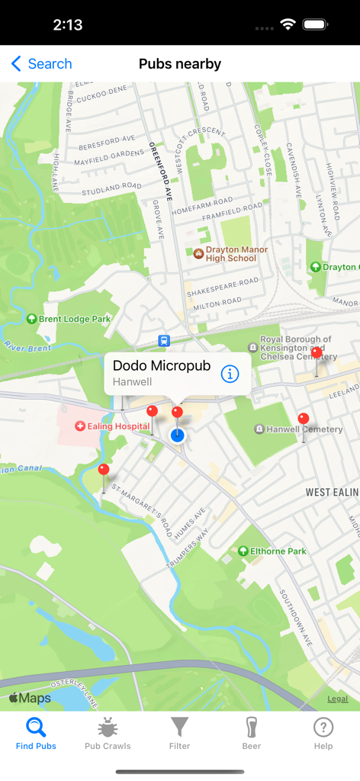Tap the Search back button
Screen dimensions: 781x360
coord(42,64)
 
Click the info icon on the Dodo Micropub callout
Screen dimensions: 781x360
coord(230,374)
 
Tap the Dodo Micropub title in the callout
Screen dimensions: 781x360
coord(162,366)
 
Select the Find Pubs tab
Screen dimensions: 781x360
coord(36,733)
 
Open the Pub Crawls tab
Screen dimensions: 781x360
coord(108,733)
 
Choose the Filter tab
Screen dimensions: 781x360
coord(179,733)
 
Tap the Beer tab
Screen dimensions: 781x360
coord(252,733)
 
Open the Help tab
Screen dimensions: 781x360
coord(323,733)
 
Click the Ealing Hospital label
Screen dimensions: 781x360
coord(111,426)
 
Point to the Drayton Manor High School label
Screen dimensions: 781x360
coord(230,254)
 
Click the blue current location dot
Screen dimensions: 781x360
coord(178,435)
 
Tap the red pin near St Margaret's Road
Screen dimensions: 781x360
coord(104,470)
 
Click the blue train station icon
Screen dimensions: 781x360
coord(164,341)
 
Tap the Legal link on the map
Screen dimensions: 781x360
coord(338,699)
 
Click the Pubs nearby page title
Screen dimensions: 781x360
coord(180,64)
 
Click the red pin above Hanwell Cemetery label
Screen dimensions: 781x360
coord(304,419)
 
